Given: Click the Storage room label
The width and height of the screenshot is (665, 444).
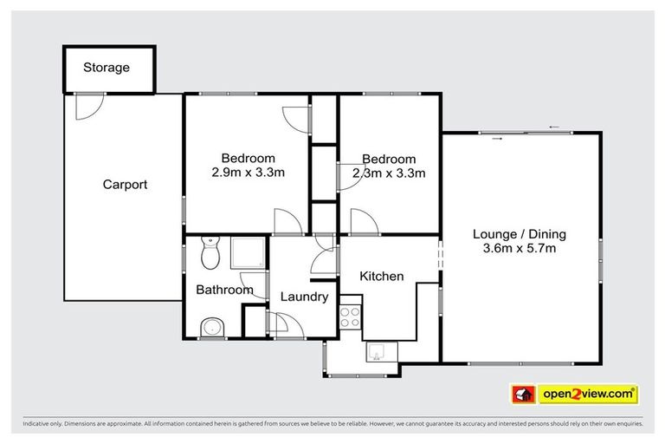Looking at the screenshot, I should [x=107, y=68].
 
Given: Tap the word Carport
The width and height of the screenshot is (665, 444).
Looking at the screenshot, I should [x=125, y=185].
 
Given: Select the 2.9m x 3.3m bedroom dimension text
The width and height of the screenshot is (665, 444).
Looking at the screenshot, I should [x=249, y=173].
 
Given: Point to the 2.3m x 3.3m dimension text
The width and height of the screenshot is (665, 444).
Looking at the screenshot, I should [x=389, y=173].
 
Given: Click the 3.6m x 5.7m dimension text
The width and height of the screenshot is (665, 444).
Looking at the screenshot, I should [x=520, y=249].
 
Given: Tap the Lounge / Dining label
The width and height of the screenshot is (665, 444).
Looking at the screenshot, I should [x=520, y=234].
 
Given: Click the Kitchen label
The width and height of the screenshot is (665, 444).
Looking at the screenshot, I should [x=382, y=277].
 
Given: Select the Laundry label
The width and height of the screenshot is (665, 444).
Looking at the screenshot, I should [x=304, y=297].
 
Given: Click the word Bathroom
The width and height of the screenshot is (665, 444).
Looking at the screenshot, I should [x=224, y=290].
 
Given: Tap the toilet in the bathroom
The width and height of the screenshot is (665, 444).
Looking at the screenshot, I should [x=210, y=253].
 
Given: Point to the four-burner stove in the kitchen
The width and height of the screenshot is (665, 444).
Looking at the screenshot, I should [x=350, y=317].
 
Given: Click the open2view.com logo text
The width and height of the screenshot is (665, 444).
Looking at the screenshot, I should [x=588, y=395].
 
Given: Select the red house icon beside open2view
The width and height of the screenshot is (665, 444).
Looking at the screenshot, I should [x=523, y=395].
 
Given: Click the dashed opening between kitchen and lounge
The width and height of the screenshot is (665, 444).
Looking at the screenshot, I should [x=440, y=254].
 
